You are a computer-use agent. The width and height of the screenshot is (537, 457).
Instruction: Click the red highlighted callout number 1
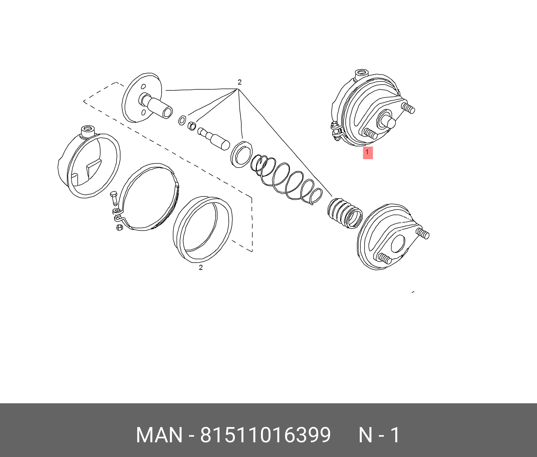tap(368, 153)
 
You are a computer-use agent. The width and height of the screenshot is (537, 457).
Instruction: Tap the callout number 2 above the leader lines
tap(239, 82)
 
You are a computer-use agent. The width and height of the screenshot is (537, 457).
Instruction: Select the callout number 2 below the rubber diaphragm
tap(201, 268)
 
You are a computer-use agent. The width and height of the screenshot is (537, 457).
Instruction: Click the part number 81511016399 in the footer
tap(265, 435)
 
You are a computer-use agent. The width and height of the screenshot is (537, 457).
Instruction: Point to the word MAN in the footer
tap(159, 435)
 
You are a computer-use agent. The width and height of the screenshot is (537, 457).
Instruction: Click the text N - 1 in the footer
tap(379, 435)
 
